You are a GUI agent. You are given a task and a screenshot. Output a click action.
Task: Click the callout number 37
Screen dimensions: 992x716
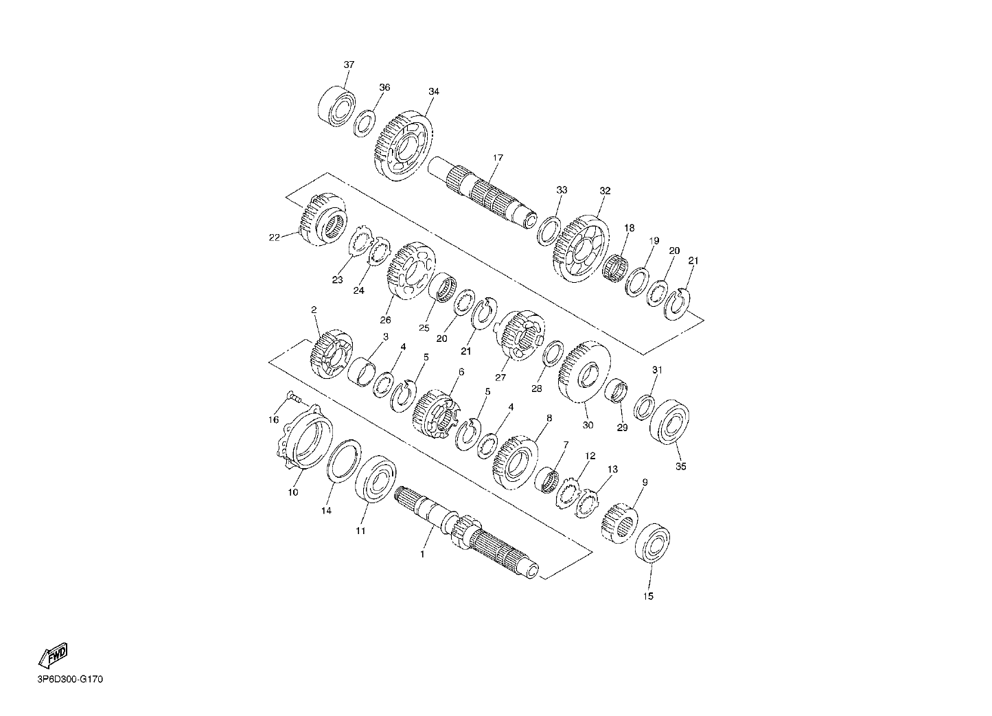point(349,65)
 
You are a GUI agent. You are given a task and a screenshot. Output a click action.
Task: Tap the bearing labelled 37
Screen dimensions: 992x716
point(336,106)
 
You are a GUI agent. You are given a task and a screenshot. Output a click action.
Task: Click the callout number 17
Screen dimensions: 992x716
point(498,158)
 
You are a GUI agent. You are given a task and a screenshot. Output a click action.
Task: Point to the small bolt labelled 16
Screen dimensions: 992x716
point(295,397)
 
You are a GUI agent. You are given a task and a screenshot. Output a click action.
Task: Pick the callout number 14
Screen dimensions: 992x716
point(326,511)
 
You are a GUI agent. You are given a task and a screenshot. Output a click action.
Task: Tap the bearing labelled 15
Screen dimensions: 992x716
point(652,543)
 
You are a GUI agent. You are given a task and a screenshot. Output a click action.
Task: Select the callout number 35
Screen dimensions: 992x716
point(681,466)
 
